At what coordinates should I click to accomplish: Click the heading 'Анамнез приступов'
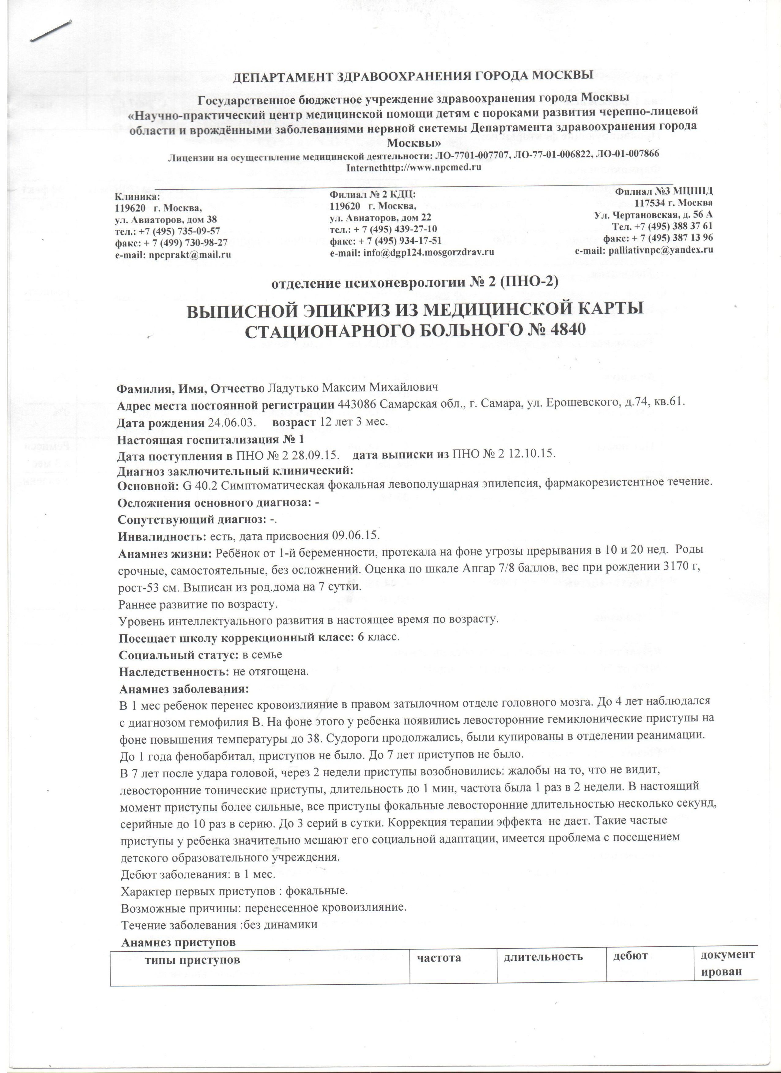click(x=179, y=598)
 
